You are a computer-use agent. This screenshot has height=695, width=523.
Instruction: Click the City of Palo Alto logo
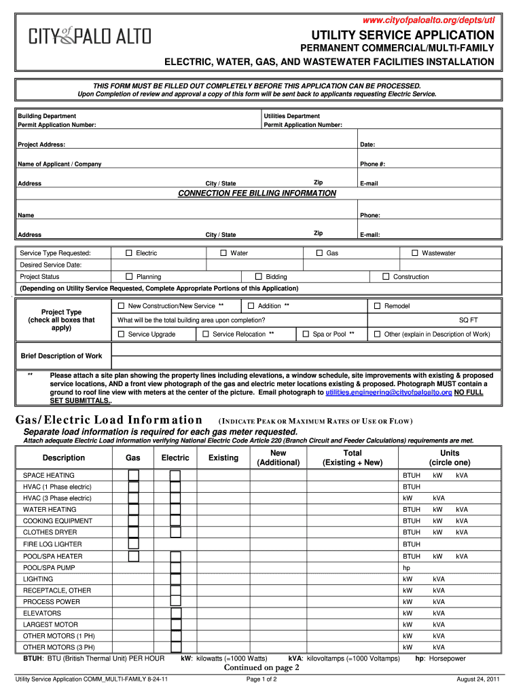click(90, 37)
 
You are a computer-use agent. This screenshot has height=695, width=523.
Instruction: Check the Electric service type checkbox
click(129, 253)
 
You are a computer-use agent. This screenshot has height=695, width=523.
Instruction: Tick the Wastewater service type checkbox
click(415, 253)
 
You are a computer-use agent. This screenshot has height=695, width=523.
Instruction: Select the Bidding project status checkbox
click(259, 277)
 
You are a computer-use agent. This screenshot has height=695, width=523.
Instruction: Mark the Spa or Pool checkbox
click(306, 334)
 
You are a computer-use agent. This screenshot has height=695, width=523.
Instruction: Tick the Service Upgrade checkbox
click(122, 334)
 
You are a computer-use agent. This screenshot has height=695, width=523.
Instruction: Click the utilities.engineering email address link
click(389, 392)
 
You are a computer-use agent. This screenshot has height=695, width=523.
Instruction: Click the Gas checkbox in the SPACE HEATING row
click(134, 475)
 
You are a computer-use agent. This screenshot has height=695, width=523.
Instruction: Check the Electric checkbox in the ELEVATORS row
click(176, 614)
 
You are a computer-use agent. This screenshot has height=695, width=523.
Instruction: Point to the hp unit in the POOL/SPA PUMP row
click(407, 567)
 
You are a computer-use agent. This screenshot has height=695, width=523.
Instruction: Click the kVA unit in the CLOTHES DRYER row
click(462, 533)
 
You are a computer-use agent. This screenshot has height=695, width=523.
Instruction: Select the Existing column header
click(223, 458)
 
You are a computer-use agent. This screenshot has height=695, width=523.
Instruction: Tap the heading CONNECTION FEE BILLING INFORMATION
click(257, 193)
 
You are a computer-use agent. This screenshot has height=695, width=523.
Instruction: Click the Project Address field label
click(41, 145)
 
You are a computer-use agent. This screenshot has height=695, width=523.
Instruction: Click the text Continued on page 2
click(261, 667)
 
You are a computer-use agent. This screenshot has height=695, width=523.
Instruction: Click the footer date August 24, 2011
click(478, 679)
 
